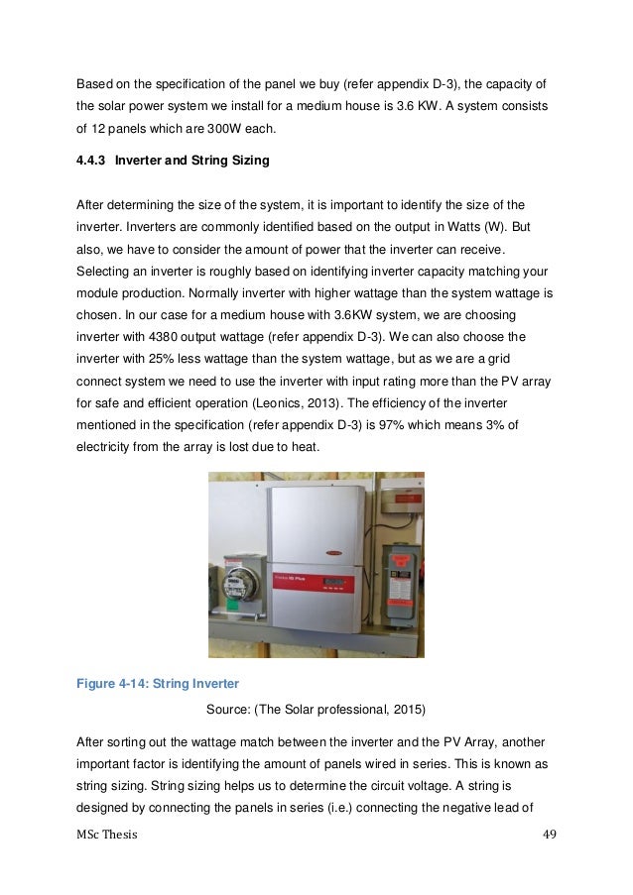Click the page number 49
[x=549, y=835]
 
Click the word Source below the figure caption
[x=227, y=710]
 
